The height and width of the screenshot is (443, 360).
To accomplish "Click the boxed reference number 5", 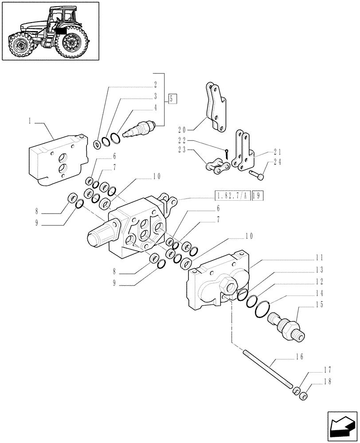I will pyautogui.click(x=173, y=98).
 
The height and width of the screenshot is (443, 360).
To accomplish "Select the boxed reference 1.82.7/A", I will pyautogui.click(x=232, y=195).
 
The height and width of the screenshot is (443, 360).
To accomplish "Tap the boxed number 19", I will pyautogui.click(x=258, y=195).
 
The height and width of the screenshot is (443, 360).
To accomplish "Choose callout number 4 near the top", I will pyautogui.click(x=155, y=107).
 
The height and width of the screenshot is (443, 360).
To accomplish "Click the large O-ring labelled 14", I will pyautogui.click(x=264, y=309).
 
